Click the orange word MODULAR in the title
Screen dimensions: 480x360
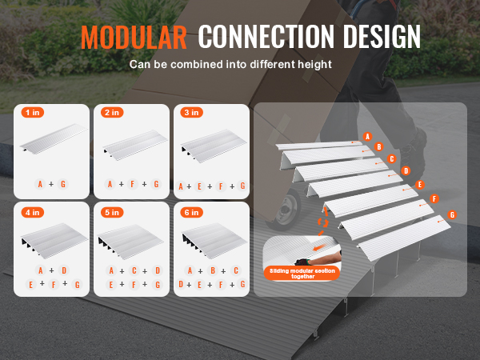(x=134, y=38)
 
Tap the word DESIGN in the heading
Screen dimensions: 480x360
(x=382, y=37)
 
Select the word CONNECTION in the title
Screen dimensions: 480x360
(x=266, y=37)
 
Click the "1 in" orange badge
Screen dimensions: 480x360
(x=33, y=112)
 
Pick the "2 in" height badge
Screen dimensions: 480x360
(x=112, y=112)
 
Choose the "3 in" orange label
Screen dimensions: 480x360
(x=192, y=112)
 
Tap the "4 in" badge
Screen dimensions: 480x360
(x=33, y=212)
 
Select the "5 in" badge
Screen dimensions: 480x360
(x=112, y=212)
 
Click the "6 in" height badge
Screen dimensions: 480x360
(x=192, y=212)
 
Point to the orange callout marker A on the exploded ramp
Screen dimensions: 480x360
(x=367, y=137)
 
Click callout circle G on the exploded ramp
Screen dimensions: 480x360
(x=452, y=215)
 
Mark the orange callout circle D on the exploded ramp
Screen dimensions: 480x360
(x=406, y=171)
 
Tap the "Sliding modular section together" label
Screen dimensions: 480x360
(x=302, y=274)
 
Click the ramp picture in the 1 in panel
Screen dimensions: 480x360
(x=54, y=138)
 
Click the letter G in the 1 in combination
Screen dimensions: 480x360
(x=63, y=184)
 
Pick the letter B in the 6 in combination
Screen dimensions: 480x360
(x=213, y=270)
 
